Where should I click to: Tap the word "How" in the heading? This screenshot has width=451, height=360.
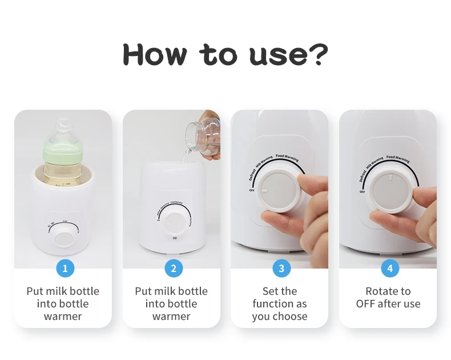tap(155, 54)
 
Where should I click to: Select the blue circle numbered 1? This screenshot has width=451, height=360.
tap(65, 268)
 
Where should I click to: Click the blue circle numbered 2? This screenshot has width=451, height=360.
tap(174, 268)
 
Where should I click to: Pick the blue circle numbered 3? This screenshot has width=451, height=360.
tap(281, 268)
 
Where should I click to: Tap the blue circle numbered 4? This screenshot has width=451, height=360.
tap(390, 268)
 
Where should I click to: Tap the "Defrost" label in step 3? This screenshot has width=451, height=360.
tap(253, 175)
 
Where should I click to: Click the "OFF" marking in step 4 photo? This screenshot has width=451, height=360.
tap(362, 192)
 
